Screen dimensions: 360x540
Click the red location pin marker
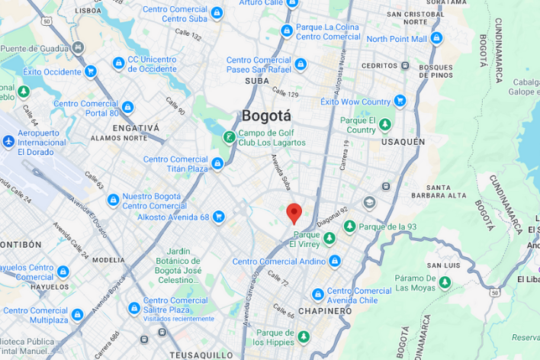294,213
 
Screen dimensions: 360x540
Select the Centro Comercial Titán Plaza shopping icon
217,163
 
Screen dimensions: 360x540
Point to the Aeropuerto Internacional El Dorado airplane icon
8,142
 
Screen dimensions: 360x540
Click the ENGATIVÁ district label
136,127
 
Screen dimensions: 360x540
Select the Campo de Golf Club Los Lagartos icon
228,137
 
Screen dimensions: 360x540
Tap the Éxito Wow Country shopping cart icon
400,101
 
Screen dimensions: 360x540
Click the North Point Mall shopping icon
436,39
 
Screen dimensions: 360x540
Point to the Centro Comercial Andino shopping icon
333,262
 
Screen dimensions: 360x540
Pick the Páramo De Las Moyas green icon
445,282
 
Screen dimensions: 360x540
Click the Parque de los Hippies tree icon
304,336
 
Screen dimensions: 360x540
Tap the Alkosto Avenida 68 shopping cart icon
218,217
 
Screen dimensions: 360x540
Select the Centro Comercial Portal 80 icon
127,108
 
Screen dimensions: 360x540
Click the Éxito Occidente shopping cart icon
91,72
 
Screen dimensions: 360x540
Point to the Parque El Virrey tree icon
329,239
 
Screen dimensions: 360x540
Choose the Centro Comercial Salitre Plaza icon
134,308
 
